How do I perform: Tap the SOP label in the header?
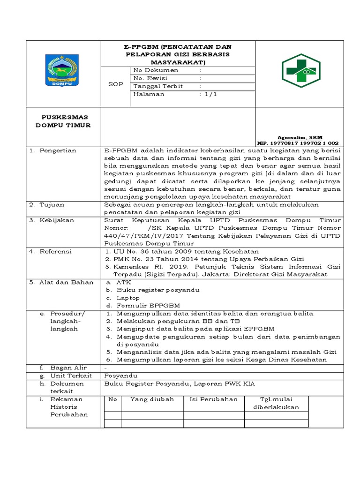[x=115, y=84]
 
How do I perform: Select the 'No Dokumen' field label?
[x=156, y=70]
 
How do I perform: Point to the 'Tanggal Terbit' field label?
[x=158, y=86]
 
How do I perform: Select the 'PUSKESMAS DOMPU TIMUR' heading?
[x=64, y=121]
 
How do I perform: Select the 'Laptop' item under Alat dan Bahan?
[x=128, y=298]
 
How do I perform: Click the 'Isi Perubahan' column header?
[x=213, y=399]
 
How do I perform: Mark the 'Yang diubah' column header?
[x=152, y=399]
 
